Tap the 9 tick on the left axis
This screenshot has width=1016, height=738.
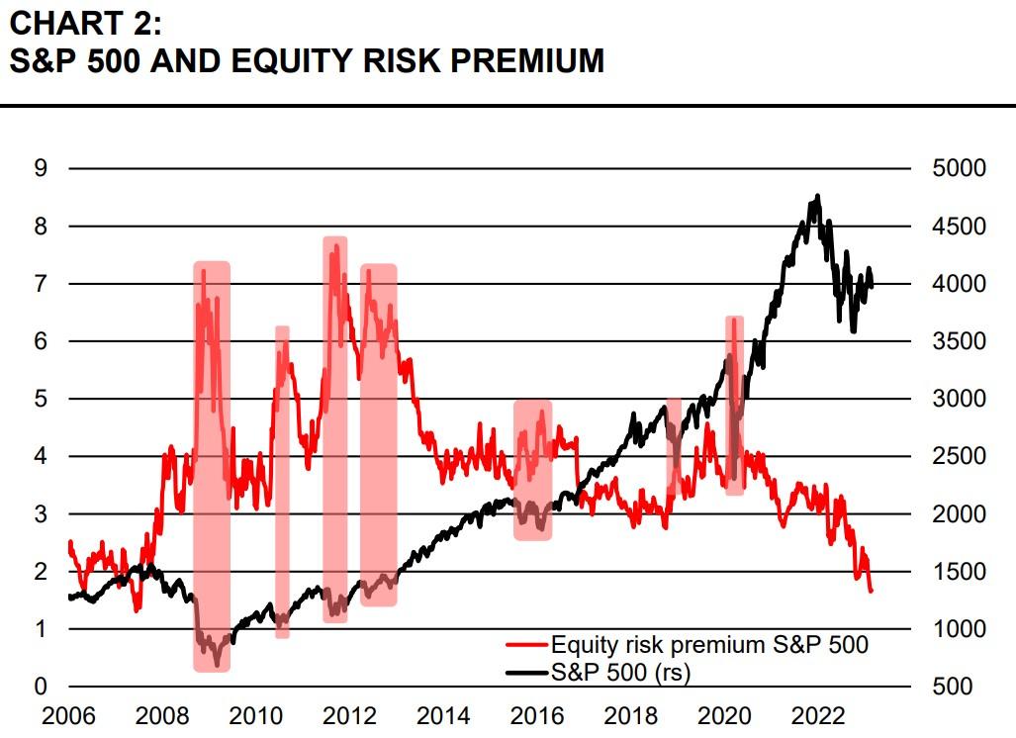coord(41,168)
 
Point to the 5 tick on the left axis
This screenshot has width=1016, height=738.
coord(41,399)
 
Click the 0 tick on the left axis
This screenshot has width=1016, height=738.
coord(41,687)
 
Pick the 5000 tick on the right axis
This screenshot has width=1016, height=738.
coord(959,168)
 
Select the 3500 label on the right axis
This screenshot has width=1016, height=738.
coord(959,341)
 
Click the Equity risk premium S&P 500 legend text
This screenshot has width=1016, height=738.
coord(709,646)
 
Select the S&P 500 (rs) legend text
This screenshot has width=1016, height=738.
coord(621,672)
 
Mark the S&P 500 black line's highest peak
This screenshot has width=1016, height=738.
coord(817,196)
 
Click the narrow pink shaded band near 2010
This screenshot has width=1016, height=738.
coord(282,481)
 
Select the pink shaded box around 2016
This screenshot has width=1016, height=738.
coord(532,470)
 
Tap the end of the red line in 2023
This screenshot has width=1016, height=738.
coord(871,591)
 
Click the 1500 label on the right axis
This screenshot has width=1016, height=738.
coord(959,572)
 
